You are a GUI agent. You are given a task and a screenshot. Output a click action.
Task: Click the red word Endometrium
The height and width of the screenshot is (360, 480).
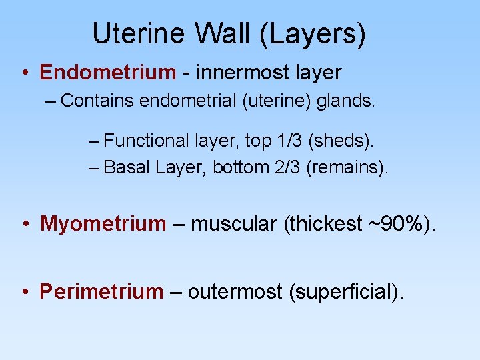pyautogui.click(x=107, y=72)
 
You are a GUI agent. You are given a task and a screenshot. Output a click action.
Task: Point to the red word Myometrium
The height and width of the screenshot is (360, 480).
pyautogui.click(x=103, y=223)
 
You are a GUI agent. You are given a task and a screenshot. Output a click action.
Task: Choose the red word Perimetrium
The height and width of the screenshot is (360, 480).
pyautogui.click(x=101, y=291)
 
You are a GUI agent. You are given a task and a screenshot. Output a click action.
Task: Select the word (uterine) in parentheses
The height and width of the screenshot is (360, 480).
pyautogui.click(x=275, y=101)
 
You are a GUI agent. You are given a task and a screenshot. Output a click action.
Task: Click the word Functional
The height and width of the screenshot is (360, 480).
pyautogui.click(x=147, y=141)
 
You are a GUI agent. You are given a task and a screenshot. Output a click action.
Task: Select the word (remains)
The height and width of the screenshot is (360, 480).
pyautogui.click(x=347, y=167)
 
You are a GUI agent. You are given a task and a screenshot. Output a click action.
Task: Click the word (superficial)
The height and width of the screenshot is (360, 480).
pyautogui.click(x=346, y=291)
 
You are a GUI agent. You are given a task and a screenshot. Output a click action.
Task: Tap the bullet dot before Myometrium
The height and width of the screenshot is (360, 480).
pyautogui.click(x=25, y=224)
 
